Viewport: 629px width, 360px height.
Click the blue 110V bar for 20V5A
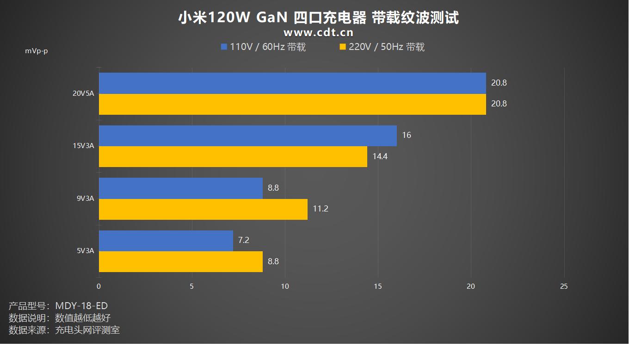click(x=292, y=83)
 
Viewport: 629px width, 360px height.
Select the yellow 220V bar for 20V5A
click(x=292, y=104)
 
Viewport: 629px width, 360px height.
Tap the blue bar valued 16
click(x=248, y=136)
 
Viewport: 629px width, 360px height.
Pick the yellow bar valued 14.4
click(x=233, y=156)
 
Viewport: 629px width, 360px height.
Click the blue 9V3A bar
click(x=181, y=188)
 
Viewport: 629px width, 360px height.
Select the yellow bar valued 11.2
click(x=203, y=209)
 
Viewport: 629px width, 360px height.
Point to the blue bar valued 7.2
click(x=166, y=241)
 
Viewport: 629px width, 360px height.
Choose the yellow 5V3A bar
click(x=181, y=261)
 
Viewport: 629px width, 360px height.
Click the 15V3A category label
click(x=83, y=146)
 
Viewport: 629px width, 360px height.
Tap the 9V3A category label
click(x=85, y=199)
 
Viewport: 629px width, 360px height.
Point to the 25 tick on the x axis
click(x=564, y=286)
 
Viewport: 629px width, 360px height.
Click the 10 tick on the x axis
click(x=285, y=286)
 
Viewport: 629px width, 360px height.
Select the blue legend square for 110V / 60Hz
click(x=224, y=47)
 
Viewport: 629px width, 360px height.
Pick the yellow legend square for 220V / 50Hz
click(x=343, y=47)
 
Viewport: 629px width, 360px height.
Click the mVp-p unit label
click(x=37, y=51)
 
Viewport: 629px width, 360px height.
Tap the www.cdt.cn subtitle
click(x=318, y=32)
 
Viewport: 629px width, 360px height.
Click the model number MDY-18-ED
click(x=81, y=306)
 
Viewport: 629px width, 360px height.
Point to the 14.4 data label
click(x=380, y=156)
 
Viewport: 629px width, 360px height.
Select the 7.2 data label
click(x=244, y=240)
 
